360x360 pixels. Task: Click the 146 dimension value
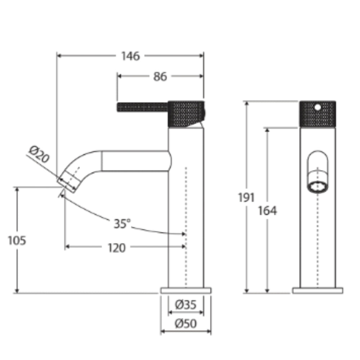pos(130,56)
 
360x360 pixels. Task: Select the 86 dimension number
pos(160,77)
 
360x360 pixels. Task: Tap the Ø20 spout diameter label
pos(39,154)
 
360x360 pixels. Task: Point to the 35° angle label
pos(122,224)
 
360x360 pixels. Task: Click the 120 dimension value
pos(117,248)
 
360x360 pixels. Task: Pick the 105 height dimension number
pos(17,240)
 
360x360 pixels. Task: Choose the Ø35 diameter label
pos(186,305)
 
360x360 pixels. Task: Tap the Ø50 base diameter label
pos(186,324)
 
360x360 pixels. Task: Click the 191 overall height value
pos(246,198)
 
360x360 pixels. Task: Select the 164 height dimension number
pos(267,211)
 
